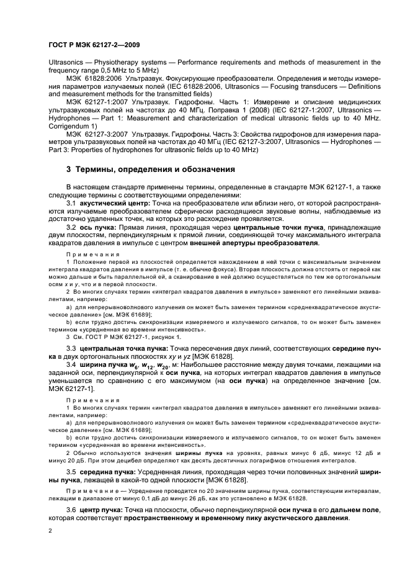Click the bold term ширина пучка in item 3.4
[x=102, y=365]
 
